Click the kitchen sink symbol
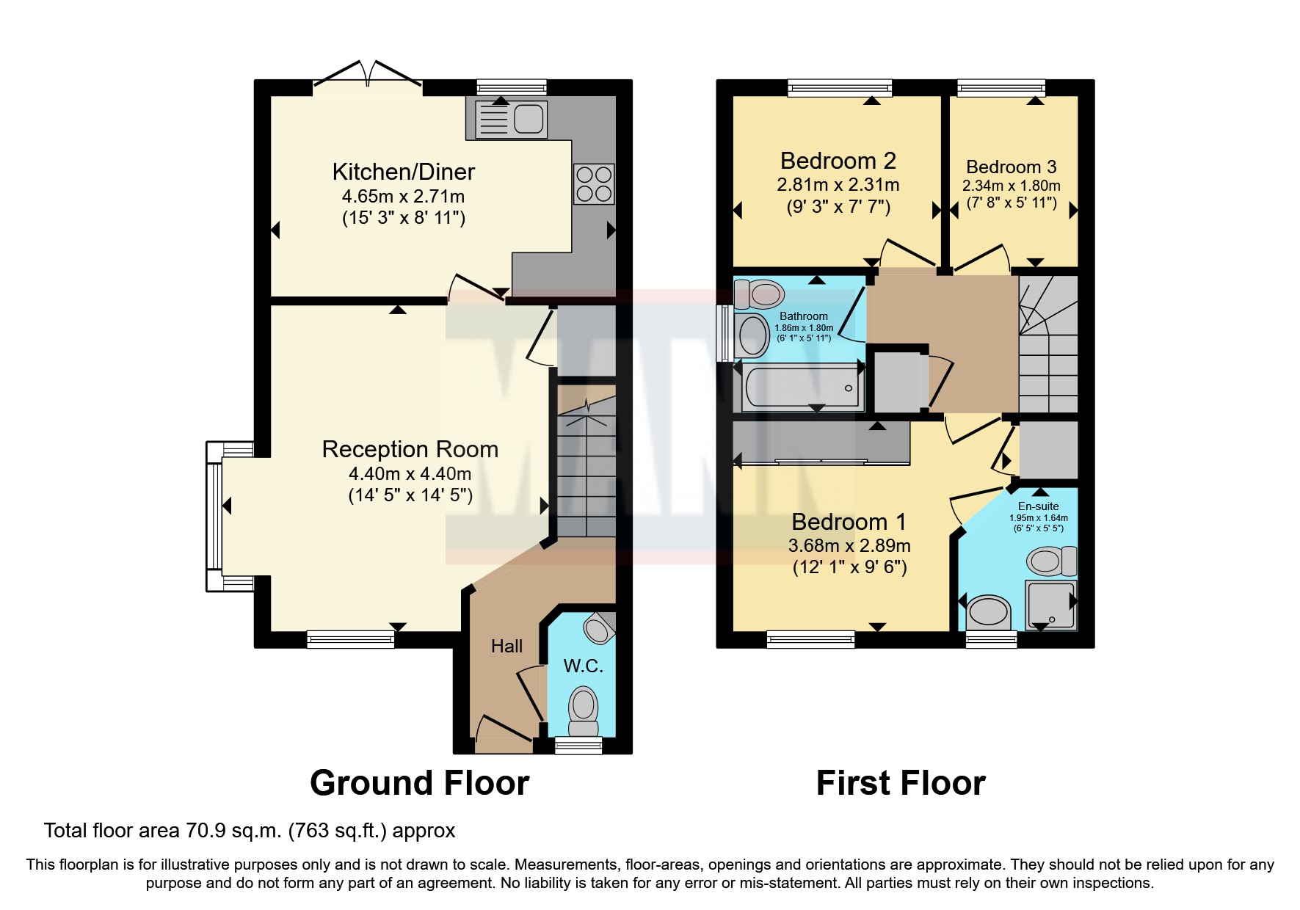pos(511,119)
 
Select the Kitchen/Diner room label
pos(403,172)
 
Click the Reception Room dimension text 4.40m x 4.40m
pos(410,474)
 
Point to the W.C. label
pos(583,666)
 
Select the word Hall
pos(506,646)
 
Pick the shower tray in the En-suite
pos(1051,605)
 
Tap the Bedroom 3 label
pos(1011,167)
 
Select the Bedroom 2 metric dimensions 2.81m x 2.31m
pos(838,185)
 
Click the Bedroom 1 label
pos(849,522)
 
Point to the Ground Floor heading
pos(419,783)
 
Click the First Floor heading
pos(900,783)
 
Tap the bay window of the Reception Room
pos(214,516)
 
